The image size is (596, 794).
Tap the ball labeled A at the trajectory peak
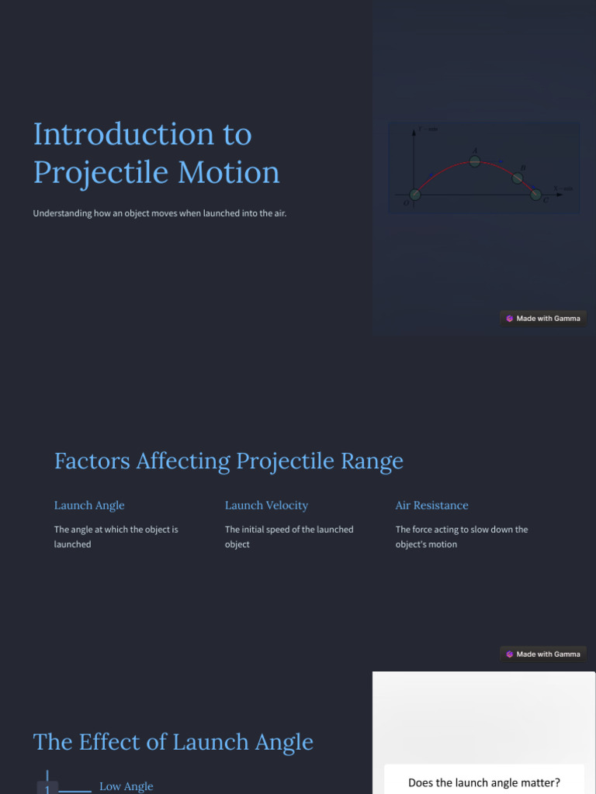coord(475,161)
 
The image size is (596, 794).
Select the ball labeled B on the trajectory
coord(518,178)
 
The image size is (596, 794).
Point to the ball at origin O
coord(415,194)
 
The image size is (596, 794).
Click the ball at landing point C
coord(536,194)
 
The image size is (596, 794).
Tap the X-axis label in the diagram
coord(563,188)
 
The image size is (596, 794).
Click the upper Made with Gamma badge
coord(542,318)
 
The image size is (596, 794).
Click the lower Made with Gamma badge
coord(542,654)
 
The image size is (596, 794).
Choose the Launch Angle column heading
coord(89,506)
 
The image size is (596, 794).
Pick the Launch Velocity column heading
coord(266,506)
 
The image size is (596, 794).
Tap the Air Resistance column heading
coord(431,506)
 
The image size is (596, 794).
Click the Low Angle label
coord(126,786)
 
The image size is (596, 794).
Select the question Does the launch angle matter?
coord(484,782)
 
